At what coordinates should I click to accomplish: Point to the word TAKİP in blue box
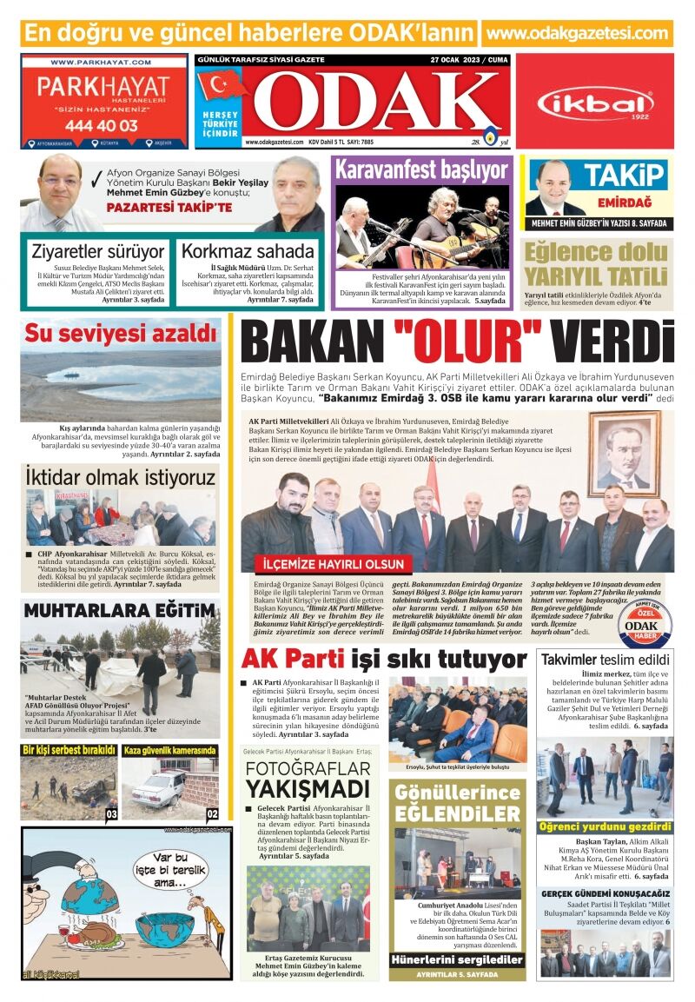click(x=623, y=175)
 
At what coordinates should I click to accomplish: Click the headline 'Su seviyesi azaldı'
click(x=120, y=333)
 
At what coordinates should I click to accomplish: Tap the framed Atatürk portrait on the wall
click(x=623, y=451)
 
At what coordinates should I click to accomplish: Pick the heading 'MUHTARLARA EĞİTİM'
click(x=119, y=610)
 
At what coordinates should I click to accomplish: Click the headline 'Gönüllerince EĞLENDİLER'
click(x=457, y=804)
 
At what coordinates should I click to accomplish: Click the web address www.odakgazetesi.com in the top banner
click(x=577, y=34)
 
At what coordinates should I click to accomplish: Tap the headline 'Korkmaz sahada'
click(x=248, y=252)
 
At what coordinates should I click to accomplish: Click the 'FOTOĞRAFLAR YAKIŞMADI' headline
click(x=307, y=779)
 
